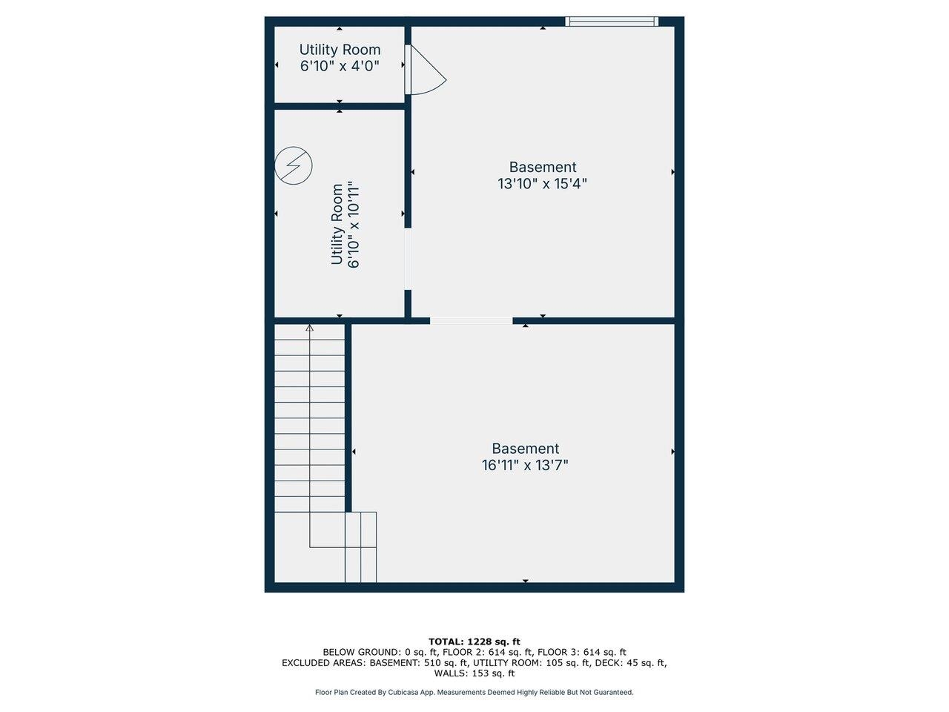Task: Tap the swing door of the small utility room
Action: (424, 70)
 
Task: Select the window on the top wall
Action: (612, 22)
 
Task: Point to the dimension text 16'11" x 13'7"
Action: (525, 466)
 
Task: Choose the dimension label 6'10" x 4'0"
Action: (340, 66)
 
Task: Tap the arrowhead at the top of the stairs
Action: (310, 327)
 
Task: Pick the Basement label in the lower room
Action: (525, 449)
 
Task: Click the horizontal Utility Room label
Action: (340, 50)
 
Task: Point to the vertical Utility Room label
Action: (337, 224)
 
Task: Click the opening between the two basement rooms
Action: (471, 321)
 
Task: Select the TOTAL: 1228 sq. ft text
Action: (474, 642)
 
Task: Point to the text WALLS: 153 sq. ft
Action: (474, 673)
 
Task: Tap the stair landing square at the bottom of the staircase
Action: (327, 530)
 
